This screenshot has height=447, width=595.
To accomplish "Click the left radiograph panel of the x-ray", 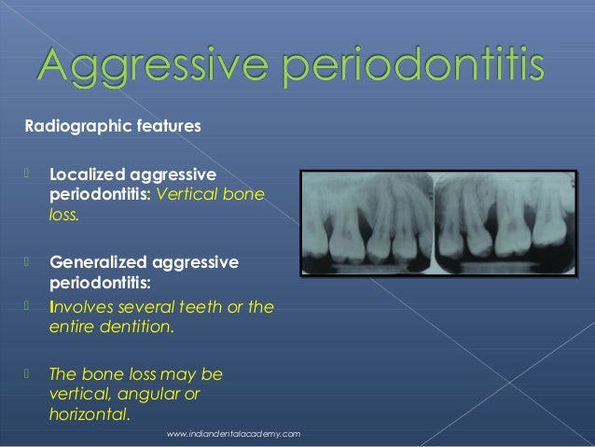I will (367, 222).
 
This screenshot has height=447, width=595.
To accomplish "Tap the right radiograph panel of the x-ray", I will (500, 222).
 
